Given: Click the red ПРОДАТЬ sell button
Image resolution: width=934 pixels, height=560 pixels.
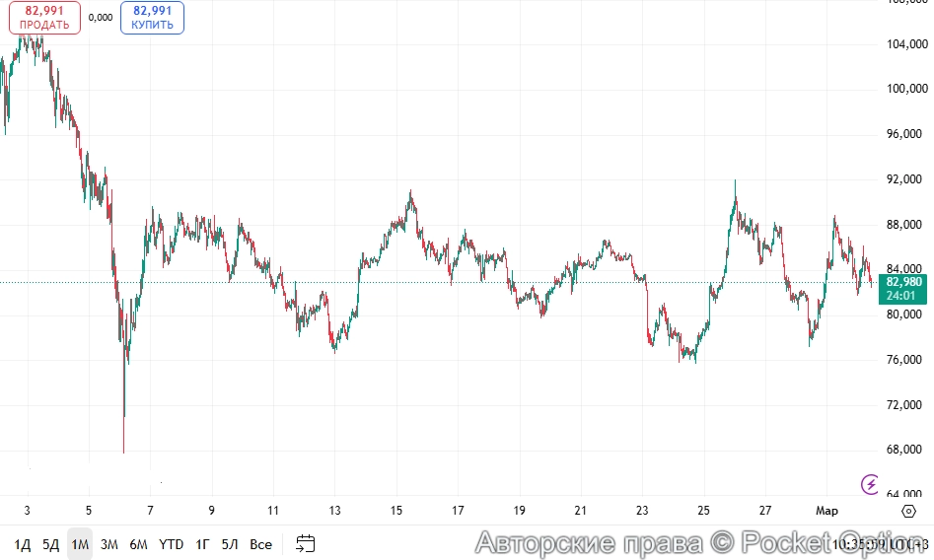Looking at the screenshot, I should tap(45, 18).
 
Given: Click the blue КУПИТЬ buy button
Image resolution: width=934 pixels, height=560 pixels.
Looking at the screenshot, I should tap(153, 18).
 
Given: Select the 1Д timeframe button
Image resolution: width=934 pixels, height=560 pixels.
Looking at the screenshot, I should tap(22, 544).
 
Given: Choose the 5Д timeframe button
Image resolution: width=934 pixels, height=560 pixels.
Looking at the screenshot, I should tap(50, 544).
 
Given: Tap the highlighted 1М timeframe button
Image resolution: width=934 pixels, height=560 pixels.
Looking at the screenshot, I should tap(80, 544).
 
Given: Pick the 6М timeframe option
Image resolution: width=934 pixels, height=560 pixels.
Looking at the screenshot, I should tap(138, 544).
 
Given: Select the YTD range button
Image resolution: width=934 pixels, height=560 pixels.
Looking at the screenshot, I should tap(171, 544).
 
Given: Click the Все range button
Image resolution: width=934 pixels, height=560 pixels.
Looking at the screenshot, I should tap(260, 544).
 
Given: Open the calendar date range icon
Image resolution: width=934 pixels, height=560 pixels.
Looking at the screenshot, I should tap(306, 543).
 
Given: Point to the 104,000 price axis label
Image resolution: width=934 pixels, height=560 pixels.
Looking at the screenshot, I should tap(906, 44).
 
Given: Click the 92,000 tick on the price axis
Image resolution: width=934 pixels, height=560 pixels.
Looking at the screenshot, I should tap(906, 179).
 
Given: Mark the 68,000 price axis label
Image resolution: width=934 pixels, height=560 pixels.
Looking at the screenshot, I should tap(906, 450).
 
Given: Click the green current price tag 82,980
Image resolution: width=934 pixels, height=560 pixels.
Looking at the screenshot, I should tap(903, 282).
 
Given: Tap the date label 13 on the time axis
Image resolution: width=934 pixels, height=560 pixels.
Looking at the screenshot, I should tap(334, 511).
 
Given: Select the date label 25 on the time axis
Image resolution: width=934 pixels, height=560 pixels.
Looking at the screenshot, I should tap(703, 511).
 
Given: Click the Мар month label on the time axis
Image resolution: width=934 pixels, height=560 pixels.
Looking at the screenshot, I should tap(826, 511).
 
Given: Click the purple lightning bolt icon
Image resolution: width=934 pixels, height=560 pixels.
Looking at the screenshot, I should tap(871, 483).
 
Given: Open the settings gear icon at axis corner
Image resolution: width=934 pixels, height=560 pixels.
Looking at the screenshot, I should tap(907, 511).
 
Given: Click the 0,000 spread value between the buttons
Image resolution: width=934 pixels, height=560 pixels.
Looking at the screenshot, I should tap(100, 18).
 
